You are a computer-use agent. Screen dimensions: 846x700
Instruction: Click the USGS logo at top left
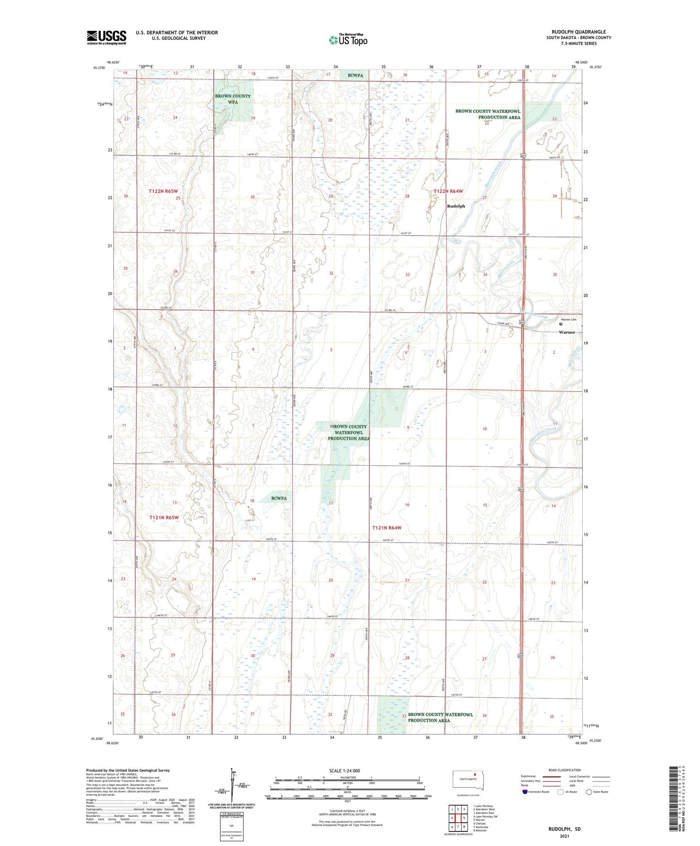pyautogui.click(x=107, y=37)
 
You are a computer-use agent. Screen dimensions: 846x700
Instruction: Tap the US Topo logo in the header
pyautogui.click(x=348, y=40)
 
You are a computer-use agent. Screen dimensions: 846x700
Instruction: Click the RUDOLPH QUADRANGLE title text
pyautogui.click(x=578, y=32)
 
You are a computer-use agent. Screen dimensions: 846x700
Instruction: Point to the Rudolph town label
pyautogui.click(x=456, y=206)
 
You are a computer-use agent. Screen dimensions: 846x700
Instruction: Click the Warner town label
pyautogui.click(x=567, y=332)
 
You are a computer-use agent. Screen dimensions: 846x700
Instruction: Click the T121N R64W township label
pyautogui.click(x=387, y=528)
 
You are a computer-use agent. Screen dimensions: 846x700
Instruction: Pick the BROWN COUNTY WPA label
pyautogui.click(x=233, y=99)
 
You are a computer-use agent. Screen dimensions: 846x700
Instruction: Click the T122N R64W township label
pyautogui.click(x=448, y=191)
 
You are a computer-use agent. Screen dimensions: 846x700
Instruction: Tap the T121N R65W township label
pyautogui.click(x=164, y=517)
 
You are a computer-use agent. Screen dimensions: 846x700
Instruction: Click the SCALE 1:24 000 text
pyautogui.click(x=344, y=771)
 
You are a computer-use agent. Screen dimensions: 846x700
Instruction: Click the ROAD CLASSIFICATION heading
pyautogui.click(x=564, y=770)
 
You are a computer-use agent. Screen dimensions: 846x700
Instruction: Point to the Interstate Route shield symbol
pyautogui.click(x=525, y=792)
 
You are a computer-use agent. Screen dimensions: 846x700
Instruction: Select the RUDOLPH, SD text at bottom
pyautogui.click(x=564, y=829)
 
